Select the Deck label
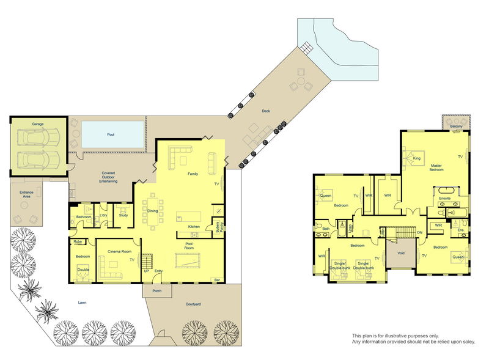265,111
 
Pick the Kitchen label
194,227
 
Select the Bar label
216,281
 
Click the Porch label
157,291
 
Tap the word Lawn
81,302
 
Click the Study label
123,215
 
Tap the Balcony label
456,127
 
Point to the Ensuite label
444,198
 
